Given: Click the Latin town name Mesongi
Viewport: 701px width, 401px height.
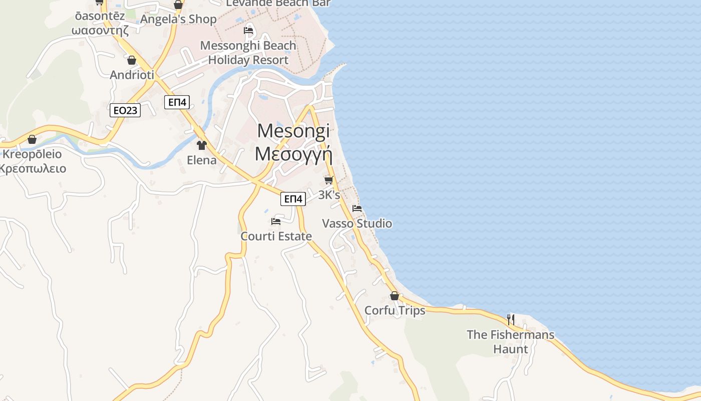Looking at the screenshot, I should tap(293, 131).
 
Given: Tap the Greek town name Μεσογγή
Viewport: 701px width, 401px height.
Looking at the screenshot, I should tap(293, 154).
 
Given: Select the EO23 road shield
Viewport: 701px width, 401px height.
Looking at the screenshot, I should tap(125, 110).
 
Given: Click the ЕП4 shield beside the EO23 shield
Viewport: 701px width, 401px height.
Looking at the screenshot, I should tap(177, 102).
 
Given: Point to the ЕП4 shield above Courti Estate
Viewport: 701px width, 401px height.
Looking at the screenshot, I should tap(293, 199).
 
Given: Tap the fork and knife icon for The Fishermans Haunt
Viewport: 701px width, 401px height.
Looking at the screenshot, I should tap(510, 319).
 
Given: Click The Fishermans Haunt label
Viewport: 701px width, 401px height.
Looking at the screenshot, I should tap(510, 341).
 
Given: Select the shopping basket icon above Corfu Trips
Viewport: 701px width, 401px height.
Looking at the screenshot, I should tap(395, 296).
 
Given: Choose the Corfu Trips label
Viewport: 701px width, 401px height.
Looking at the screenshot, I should tap(395, 310).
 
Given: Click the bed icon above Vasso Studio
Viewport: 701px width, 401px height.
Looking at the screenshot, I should tap(357, 209).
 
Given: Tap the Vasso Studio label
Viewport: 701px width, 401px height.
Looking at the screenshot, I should tap(357, 224).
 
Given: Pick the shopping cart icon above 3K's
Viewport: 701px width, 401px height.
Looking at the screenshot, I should tap(328, 180).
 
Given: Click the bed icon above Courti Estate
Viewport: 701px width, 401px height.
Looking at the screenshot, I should tap(276, 222).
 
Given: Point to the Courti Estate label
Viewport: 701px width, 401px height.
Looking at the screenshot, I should tap(276, 236).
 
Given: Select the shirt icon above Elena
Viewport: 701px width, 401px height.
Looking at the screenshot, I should tap(202, 145).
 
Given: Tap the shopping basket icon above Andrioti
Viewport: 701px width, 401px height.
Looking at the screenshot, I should tap(131, 60).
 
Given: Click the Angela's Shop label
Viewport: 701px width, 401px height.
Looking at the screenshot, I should tap(178, 19).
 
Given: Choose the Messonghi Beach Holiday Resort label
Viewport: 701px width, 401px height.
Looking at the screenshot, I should tap(248, 53).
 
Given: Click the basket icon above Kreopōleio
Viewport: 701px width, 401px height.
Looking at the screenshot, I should tap(32, 139).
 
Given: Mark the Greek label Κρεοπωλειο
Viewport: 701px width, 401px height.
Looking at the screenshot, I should tap(32, 168).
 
